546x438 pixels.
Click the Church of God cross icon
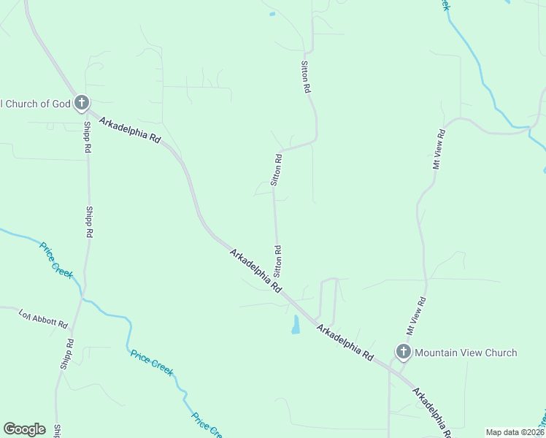click(x=81, y=103)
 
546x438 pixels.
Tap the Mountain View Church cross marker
click(x=403, y=353)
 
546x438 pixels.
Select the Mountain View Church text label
click(x=466, y=353)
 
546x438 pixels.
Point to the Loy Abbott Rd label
click(x=43, y=318)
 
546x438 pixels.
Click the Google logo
click(x=24, y=429)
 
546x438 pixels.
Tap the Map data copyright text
click(x=515, y=432)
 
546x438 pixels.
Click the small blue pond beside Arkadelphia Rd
click(x=296, y=325)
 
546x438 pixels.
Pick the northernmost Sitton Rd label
click(x=307, y=77)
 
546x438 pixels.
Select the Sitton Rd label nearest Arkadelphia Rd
click(x=278, y=261)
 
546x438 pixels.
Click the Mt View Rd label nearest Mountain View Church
click(x=416, y=316)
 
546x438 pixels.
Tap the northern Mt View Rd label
click(x=439, y=150)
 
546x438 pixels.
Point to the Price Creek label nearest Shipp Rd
click(x=56, y=260)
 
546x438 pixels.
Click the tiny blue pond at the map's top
click(x=272, y=14)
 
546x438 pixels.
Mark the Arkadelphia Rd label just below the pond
click(x=345, y=342)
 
